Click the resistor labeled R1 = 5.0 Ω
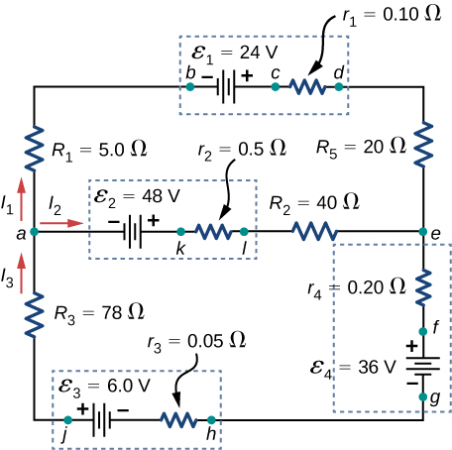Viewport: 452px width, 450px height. coord(35,149)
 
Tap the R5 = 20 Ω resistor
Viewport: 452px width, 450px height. coord(423,145)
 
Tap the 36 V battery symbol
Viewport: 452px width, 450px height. coord(423,364)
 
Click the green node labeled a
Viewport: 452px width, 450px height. coord(35,232)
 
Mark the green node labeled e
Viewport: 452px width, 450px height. coord(423,232)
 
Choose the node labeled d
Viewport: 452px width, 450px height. coord(339,87)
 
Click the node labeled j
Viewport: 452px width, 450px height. coord(66,420)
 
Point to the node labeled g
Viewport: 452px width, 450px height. coord(423,397)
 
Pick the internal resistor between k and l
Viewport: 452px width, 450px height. coord(213,232)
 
